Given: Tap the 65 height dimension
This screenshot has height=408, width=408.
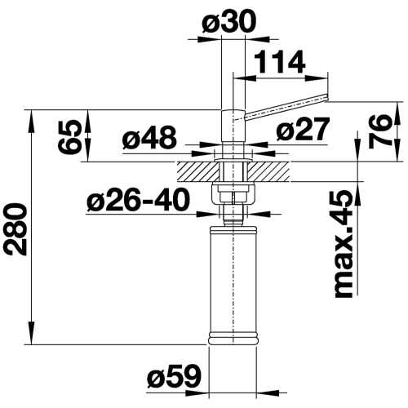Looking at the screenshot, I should pos(72,135).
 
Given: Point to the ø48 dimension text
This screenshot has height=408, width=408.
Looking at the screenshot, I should pos(150,140).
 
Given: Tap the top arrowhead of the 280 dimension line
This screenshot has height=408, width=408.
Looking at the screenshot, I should pos(33,115).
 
